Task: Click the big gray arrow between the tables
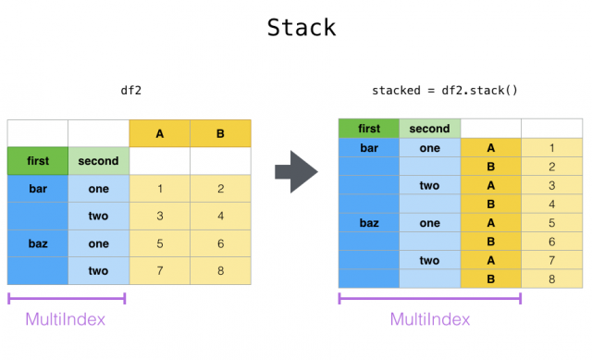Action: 297,173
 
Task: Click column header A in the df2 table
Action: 160,134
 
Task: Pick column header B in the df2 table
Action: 220,134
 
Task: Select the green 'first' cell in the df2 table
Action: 37,161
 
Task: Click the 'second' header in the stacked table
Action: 429,129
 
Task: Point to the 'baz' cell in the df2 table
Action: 37,243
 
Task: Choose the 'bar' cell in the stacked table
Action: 368,148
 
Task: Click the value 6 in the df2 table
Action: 220,243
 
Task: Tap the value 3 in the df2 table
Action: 160,217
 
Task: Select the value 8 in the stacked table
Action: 551,279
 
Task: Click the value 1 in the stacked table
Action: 551,148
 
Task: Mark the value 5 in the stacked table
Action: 551,223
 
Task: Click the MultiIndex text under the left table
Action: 66,319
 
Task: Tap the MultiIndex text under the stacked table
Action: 429,319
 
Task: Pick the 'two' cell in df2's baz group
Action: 98,270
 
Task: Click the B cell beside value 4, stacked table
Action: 490,204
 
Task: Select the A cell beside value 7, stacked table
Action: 490,260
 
